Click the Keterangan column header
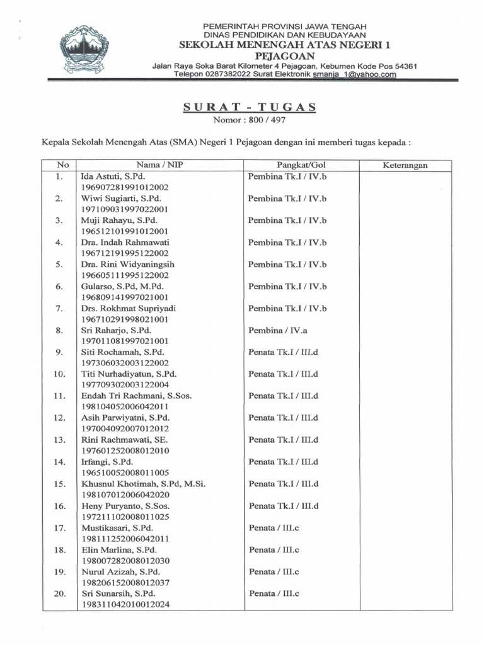[x=405, y=165]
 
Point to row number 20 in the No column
[x=60, y=593]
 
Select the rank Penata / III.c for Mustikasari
[x=274, y=527]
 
